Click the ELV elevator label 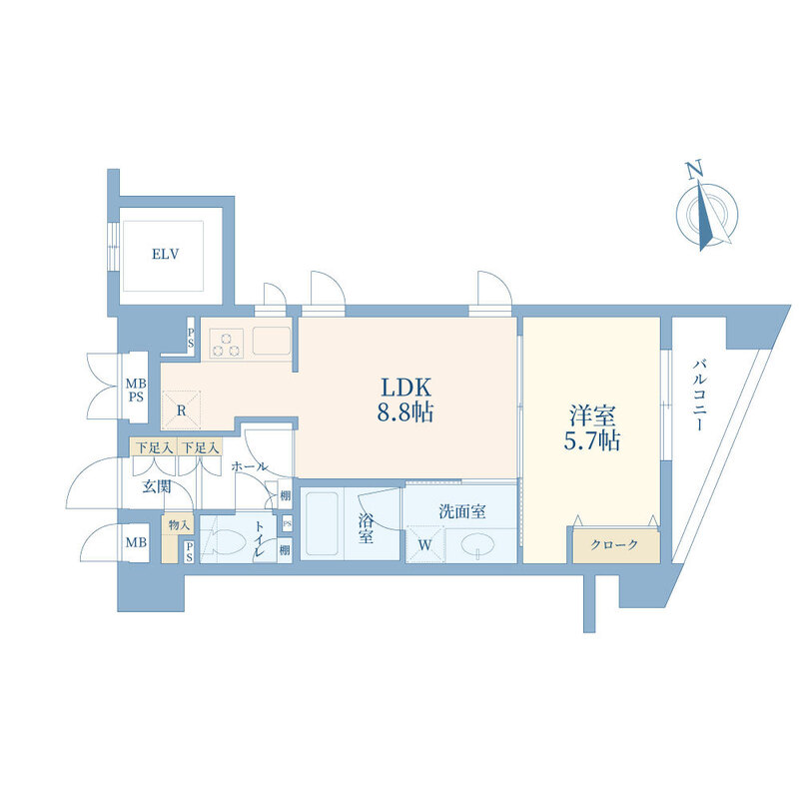click(165, 254)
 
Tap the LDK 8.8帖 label click(405, 399)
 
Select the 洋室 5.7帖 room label click(592, 428)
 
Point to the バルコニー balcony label click(698, 395)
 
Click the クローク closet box click(614, 545)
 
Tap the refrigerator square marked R click(182, 410)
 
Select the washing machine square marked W click(425, 544)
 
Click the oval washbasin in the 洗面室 click(477, 544)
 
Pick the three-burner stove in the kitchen click(227, 344)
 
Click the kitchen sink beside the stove click(272, 341)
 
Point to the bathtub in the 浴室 click(322, 523)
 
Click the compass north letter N click(693, 170)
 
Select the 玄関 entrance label click(157, 487)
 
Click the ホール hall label click(249, 466)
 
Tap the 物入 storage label click(179, 525)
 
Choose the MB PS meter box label click(136, 390)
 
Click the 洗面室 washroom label click(462, 511)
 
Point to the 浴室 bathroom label click(366, 528)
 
